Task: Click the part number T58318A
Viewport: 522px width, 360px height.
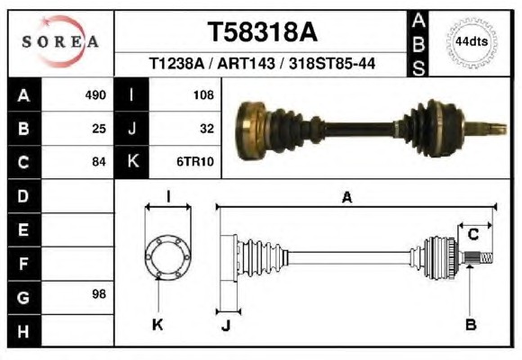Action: [x=263, y=32]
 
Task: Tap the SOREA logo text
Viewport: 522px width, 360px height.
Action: [x=60, y=41]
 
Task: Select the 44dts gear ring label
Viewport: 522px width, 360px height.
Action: [x=472, y=42]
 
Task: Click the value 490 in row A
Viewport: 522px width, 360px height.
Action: [x=95, y=94]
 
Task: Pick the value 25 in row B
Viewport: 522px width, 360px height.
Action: [x=99, y=129]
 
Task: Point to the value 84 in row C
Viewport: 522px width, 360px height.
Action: [x=99, y=162]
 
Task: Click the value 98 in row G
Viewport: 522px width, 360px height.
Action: [x=99, y=294]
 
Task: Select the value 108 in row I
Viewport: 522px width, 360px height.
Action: [x=203, y=95]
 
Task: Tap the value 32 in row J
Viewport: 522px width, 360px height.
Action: [x=207, y=129]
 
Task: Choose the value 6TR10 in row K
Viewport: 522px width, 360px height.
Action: [x=195, y=162]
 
